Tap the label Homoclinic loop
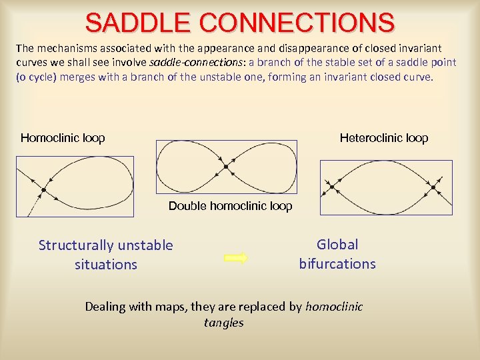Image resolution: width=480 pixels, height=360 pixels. (63, 138)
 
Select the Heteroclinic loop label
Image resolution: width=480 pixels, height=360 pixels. (384, 138)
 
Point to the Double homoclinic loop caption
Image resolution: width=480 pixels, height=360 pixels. (230, 206)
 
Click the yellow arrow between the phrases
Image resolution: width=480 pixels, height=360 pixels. (236, 258)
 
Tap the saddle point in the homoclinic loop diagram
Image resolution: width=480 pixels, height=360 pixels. (43, 190)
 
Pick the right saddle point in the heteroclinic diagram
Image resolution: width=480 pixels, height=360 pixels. (433, 187)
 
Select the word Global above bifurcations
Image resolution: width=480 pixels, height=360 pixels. (337, 245)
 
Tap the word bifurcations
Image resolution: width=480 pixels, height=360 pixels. (337, 263)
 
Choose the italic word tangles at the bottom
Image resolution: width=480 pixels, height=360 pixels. (224, 323)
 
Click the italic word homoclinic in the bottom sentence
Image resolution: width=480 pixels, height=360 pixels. (334, 307)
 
